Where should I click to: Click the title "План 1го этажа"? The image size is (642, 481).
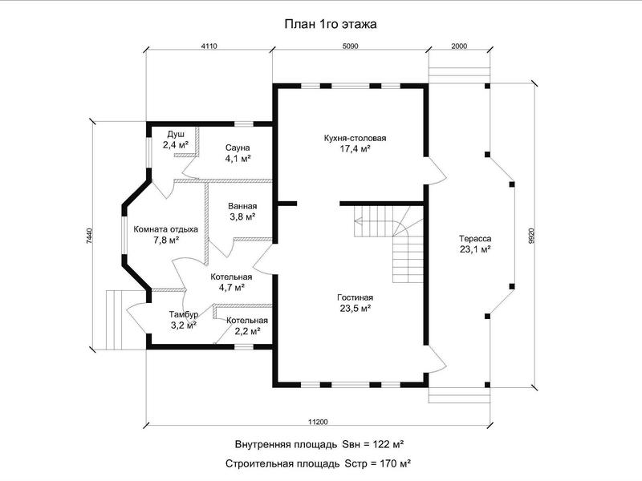click(x=331, y=25)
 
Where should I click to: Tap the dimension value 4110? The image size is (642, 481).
click(x=209, y=46)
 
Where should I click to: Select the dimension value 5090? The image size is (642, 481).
click(x=350, y=46)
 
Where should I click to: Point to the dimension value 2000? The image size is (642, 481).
click(x=459, y=46)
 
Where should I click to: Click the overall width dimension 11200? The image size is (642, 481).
click(x=318, y=422)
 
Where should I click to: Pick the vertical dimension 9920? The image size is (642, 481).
click(x=531, y=236)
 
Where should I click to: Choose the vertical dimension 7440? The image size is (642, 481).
click(x=90, y=236)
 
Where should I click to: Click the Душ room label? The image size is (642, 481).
click(x=176, y=135)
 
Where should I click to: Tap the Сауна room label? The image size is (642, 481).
click(x=238, y=148)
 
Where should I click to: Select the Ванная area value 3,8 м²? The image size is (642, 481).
click(x=242, y=216)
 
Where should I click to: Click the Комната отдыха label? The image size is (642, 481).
click(x=166, y=229)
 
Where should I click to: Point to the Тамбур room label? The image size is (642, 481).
click(x=184, y=314)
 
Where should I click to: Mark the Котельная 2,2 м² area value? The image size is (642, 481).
click(x=247, y=331)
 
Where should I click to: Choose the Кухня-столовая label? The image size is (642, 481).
click(x=355, y=138)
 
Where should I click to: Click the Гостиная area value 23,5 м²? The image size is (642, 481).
click(x=355, y=308)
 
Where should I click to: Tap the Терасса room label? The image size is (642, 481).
click(x=475, y=238)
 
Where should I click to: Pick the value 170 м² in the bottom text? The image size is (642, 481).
click(x=395, y=464)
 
